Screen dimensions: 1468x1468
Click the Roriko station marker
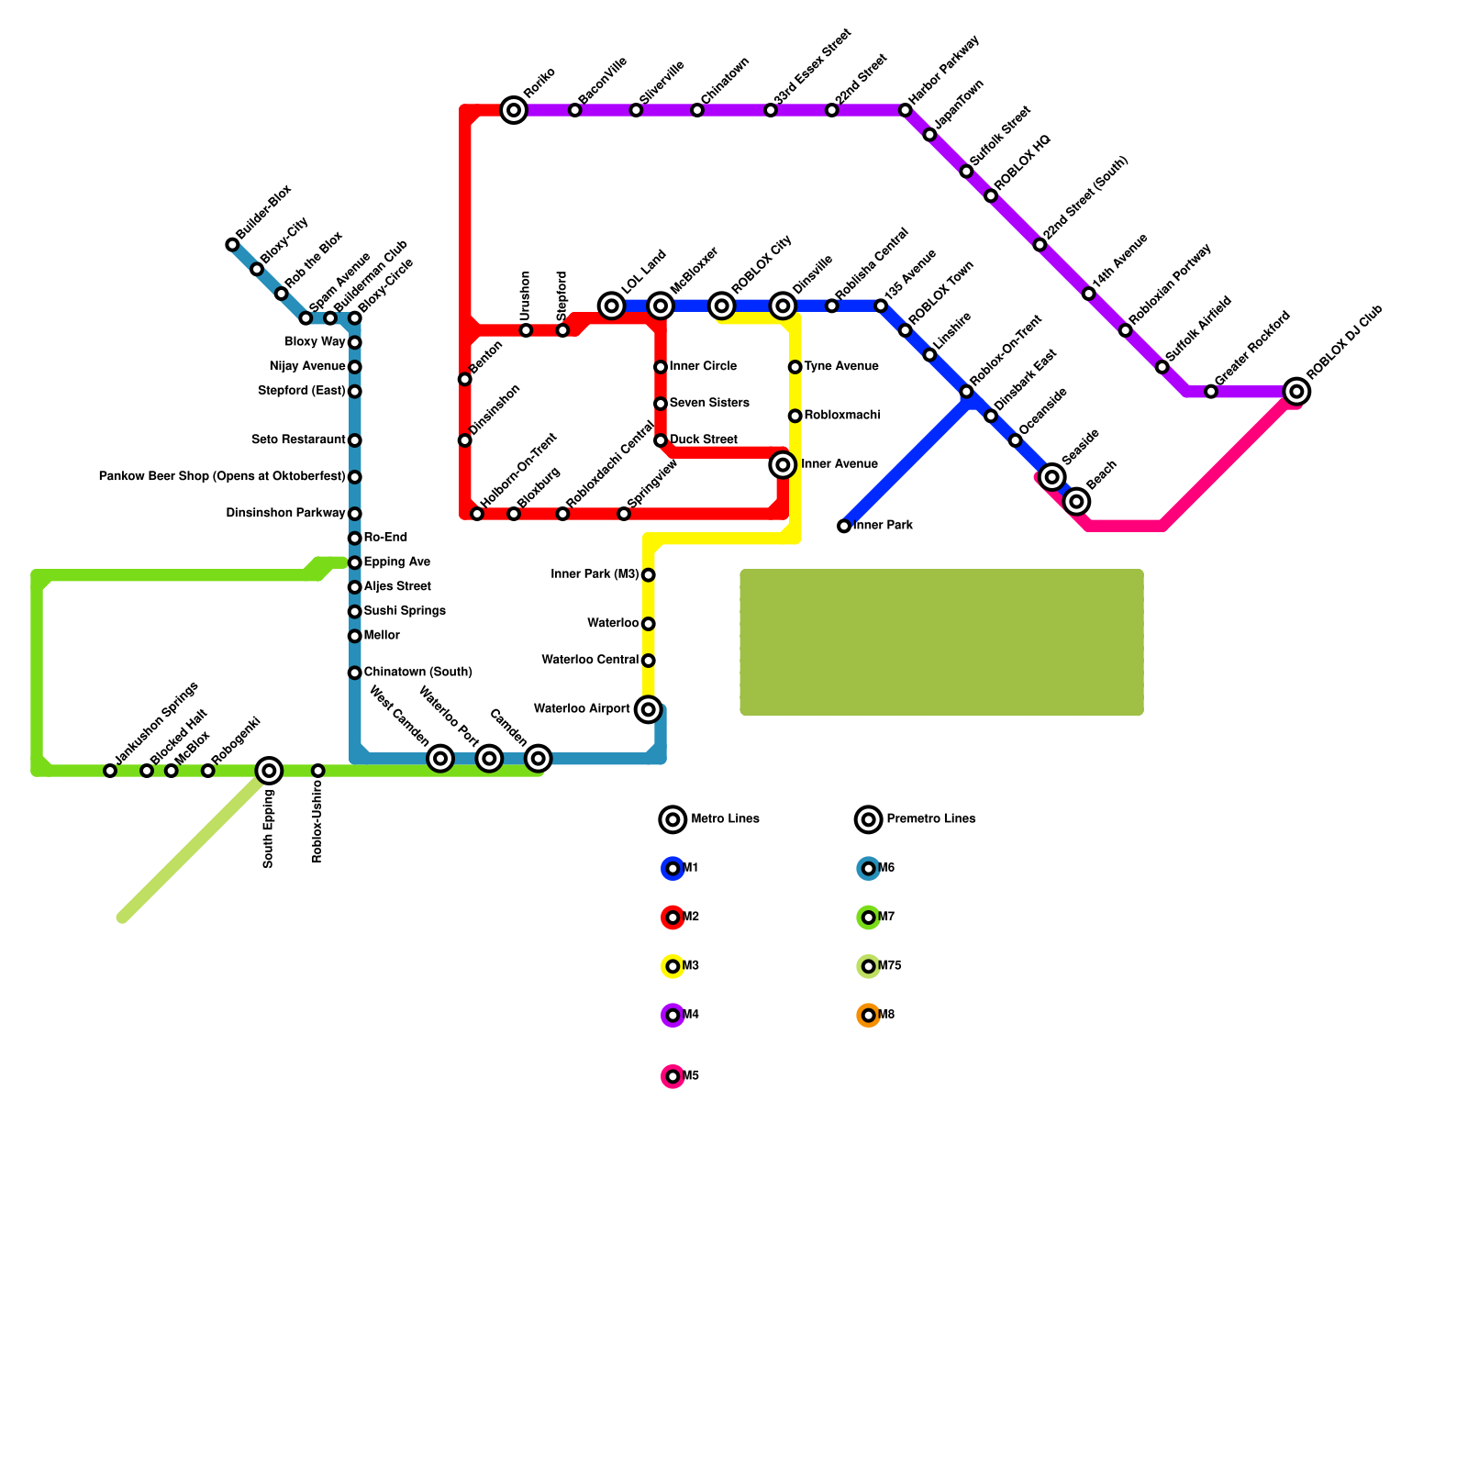pos(515,111)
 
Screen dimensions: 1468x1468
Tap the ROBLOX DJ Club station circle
pos(1296,392)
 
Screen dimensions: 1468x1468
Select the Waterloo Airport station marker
pos(649,709)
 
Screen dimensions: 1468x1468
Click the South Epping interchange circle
pos(269,771)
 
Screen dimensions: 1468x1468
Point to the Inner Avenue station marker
pos(783,465)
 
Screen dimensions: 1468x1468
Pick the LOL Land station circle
pos(612,306)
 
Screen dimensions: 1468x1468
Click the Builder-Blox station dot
pos(232,245)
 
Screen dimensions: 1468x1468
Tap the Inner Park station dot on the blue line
pos(844,527)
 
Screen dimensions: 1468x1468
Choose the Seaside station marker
pos(1052,477)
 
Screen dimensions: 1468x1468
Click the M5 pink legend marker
pos(673,1076)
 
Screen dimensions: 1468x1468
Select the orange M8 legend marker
pos(869,1016)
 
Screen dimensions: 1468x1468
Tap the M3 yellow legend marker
pos(673,966)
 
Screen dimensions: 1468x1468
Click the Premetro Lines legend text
pos(930,818)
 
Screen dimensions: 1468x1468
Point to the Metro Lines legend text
pos(725,818)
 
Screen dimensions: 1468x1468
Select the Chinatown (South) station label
pos(417,673)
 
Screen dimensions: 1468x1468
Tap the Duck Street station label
pos(703,440)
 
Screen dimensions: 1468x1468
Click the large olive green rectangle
pos(942,642)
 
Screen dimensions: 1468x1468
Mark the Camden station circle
pos(539,759)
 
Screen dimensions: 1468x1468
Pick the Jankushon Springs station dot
pos(110,771)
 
